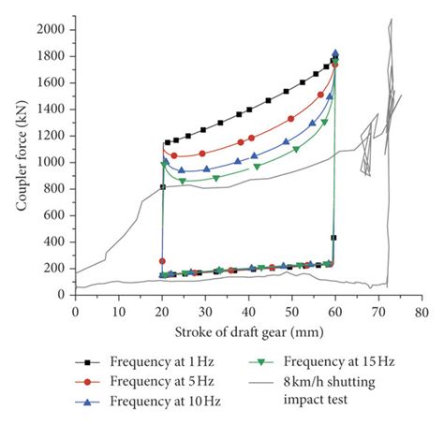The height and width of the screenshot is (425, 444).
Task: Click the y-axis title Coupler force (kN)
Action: (21, 159)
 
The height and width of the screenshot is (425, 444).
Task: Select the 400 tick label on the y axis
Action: (57, 242)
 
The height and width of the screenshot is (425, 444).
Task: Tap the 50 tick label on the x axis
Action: (291, 310)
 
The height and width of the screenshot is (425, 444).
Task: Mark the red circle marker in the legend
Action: (87, 381)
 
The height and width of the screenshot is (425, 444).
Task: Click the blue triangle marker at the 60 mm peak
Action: (335, 53)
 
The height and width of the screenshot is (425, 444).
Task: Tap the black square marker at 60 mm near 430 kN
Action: (334, 238)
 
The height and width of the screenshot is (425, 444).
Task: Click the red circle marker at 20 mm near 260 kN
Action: (162, 260)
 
